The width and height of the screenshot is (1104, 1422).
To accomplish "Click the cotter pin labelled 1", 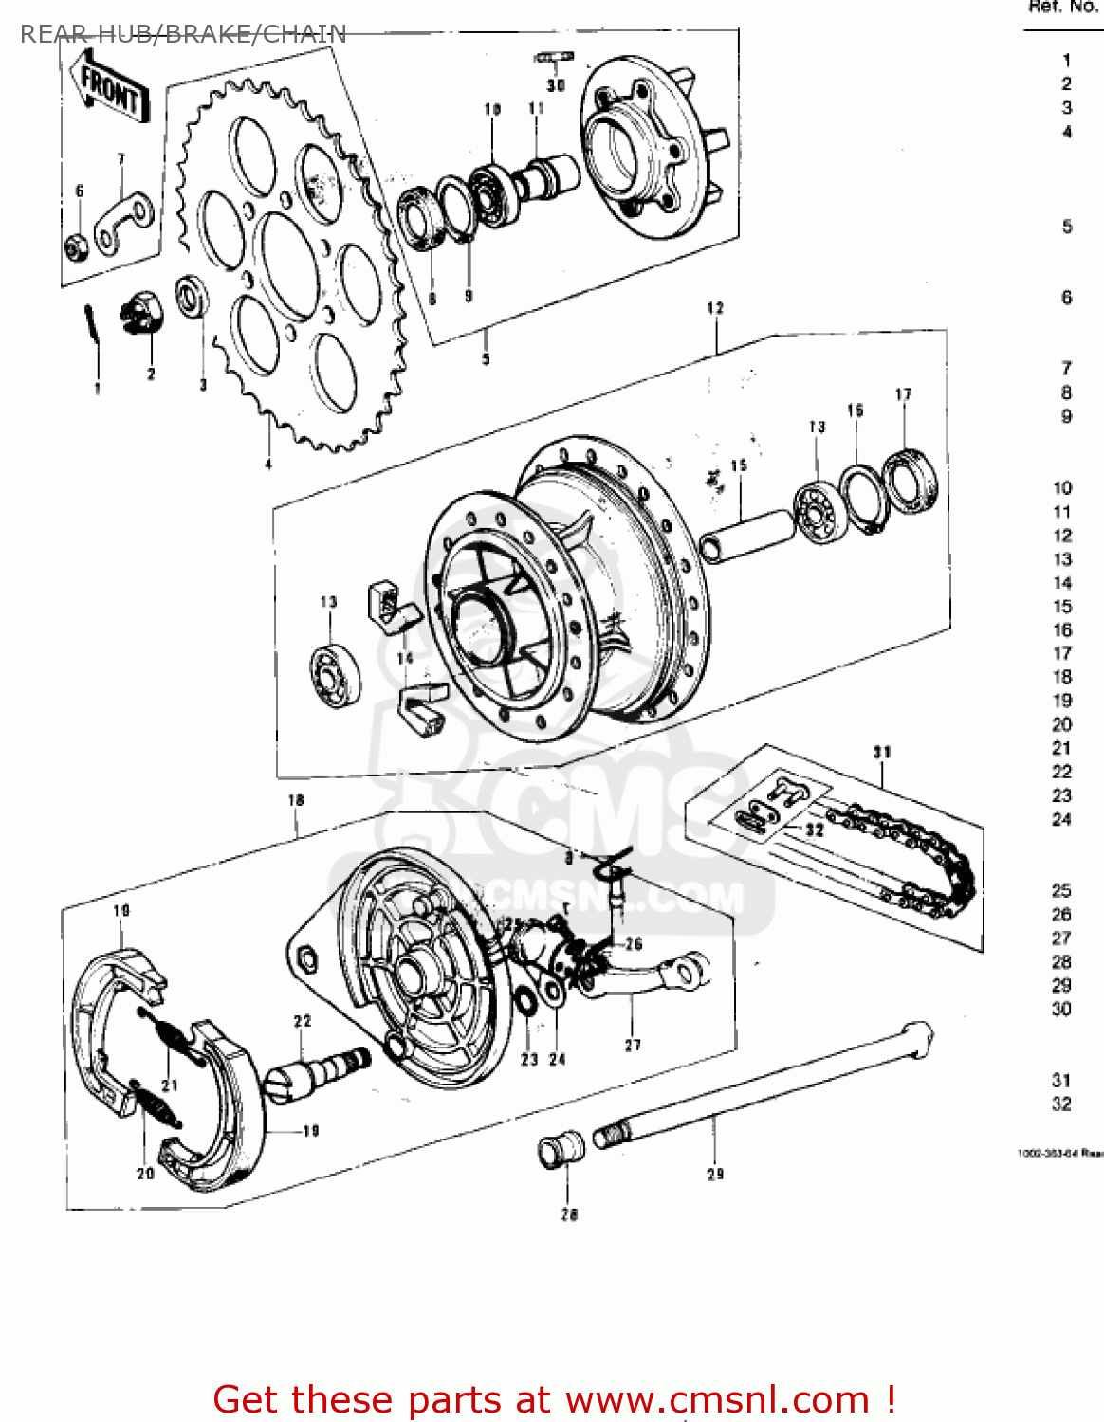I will [91, 327].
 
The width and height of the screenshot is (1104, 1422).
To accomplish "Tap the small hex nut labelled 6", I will [77, 246].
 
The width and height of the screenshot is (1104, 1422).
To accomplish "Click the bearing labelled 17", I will [911, 482].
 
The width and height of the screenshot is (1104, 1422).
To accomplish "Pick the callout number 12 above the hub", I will [715, 308].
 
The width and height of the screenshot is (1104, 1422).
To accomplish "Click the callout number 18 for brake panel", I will [296, 800].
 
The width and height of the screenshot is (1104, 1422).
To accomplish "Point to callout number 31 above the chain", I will [882, 752].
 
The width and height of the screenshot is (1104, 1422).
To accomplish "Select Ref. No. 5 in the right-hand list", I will [1067, 227].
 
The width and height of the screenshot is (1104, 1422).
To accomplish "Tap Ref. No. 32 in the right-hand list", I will [1061, 1103].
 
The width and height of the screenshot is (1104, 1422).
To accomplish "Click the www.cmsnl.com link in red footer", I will [717, 1399].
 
